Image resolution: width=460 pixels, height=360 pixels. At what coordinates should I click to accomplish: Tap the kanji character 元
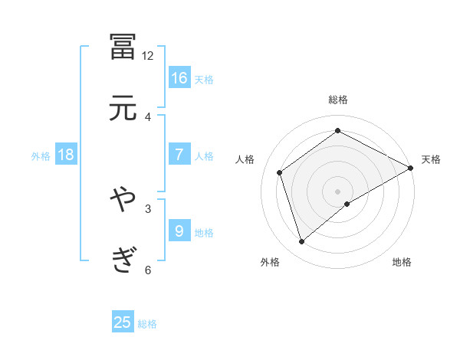point(123,108)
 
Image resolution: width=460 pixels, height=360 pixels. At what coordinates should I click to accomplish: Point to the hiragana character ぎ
point(123,260)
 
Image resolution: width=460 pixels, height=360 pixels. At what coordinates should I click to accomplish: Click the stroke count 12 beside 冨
point(148,55)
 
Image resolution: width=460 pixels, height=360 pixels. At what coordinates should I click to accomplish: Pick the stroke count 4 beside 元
point(148,116)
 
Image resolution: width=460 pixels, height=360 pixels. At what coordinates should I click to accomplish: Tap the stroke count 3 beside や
point(148,208)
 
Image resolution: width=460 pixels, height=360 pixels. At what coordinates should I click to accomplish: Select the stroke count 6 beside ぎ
point(148,269)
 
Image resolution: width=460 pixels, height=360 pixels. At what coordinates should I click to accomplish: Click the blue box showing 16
point(179,77)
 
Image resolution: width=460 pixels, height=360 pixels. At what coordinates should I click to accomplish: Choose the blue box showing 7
point(179,155)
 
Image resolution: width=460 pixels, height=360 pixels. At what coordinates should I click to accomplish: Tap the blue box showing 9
point(179,231)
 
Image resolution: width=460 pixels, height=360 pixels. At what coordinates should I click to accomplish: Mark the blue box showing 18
point(66,155)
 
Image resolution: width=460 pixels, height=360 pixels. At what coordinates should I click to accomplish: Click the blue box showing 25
point(123,322)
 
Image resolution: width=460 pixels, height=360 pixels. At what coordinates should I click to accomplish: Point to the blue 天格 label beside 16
point(204,79)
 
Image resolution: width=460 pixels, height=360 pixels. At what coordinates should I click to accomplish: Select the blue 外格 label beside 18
point(41,155)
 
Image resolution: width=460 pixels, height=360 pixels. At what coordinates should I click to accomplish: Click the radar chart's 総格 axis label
point(337,100)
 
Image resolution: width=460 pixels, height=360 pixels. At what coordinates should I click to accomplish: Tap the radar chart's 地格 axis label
point(402,263)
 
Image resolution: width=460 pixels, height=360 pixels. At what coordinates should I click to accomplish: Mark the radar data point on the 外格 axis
point(302,242)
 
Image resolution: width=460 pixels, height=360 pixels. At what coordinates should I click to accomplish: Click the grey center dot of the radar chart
point(337,190)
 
